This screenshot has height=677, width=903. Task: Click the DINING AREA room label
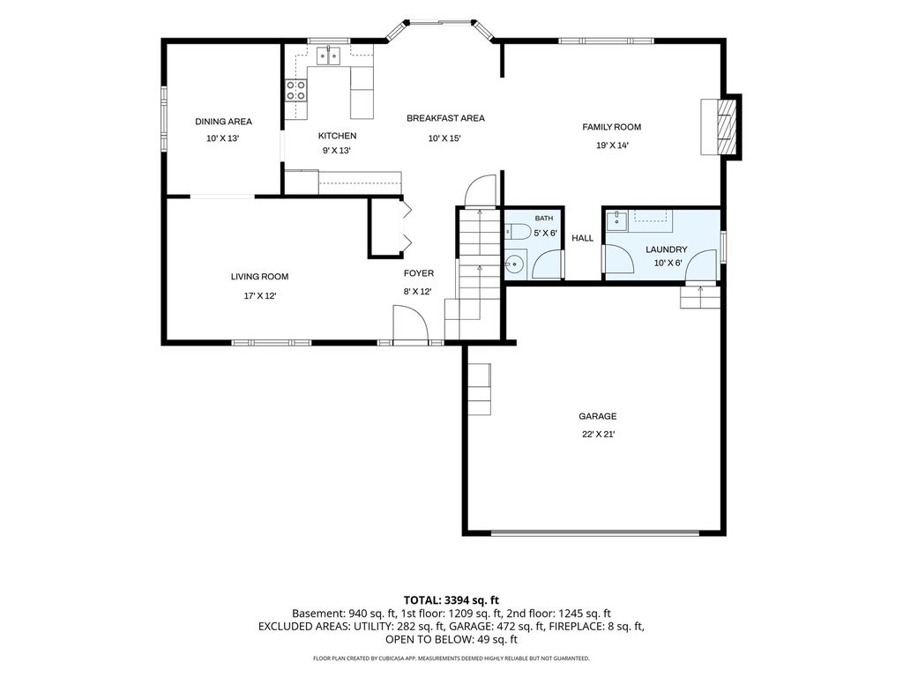point(223,122)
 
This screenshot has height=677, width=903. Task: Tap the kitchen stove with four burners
point(296,91)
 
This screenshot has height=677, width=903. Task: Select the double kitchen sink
point(328,56)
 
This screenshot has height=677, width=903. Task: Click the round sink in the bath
point(514,264)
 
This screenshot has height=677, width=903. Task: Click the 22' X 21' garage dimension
point(598,435)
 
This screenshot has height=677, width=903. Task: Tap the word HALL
point(582,238)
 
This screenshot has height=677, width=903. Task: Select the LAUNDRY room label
point(667,249)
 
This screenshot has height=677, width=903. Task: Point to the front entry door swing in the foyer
point(410,323)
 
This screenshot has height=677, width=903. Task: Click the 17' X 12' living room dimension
point(260,296)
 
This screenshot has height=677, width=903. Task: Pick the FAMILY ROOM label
point(612,127)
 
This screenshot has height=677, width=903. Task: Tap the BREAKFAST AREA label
point(445,118)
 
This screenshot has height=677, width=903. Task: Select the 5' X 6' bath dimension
point(545,233)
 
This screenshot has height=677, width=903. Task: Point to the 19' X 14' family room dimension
point(612,145)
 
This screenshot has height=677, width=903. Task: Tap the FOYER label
point(419,273)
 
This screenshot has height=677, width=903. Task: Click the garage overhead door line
point(595,533)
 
